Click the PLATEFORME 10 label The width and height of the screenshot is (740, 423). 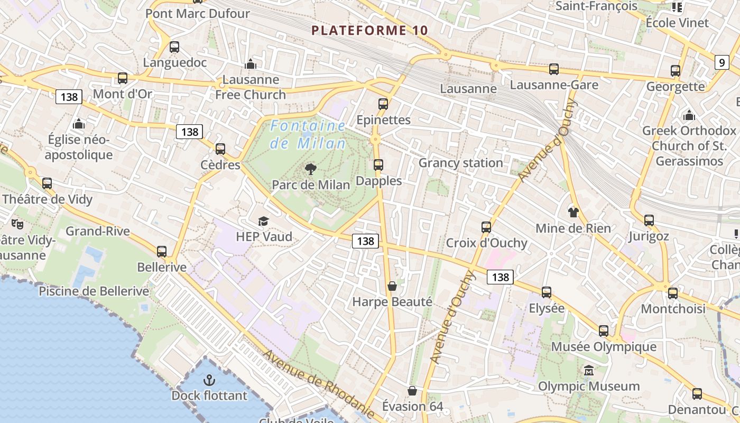[369, 30]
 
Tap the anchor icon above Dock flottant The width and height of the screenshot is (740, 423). [209, 380]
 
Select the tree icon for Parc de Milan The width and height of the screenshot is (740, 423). [311, 169]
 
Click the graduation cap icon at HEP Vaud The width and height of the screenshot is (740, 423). [263, 222]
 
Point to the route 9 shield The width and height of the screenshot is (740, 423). [722, 62]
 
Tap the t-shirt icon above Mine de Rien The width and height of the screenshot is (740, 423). [573, 213]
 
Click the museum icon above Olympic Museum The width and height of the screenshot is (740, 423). [589, 371]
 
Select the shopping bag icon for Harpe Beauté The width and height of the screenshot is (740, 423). [392, 286]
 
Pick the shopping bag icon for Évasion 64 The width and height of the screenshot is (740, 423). [412, 391]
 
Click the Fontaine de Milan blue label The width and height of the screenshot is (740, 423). [308, 134]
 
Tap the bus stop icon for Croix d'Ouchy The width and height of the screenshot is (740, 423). [486, 227]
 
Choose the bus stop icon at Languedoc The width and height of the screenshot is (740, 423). [174, 47]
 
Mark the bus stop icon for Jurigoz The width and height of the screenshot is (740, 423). [649, 220]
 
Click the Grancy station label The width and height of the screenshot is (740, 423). [460, 163]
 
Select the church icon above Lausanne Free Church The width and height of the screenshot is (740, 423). [251, 65]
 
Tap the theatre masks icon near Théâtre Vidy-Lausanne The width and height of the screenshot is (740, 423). [18, 224]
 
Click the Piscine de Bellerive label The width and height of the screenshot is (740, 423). [94, 291]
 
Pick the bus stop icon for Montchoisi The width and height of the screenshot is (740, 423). [673, 293]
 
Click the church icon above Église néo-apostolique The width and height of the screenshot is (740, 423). [79, 124]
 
